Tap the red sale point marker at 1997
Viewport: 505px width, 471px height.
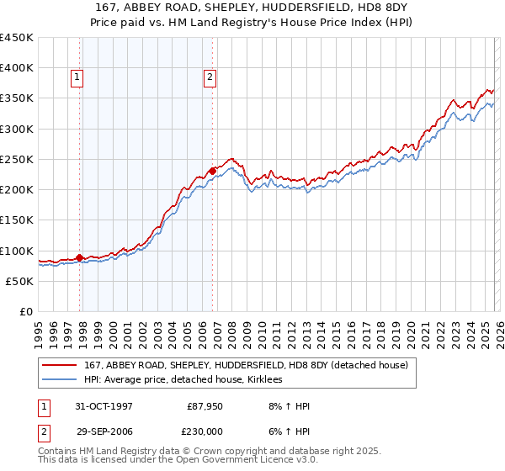coord(80,258)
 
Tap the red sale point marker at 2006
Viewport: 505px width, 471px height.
coord(213,172)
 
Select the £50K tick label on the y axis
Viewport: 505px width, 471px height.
coord(19,282)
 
